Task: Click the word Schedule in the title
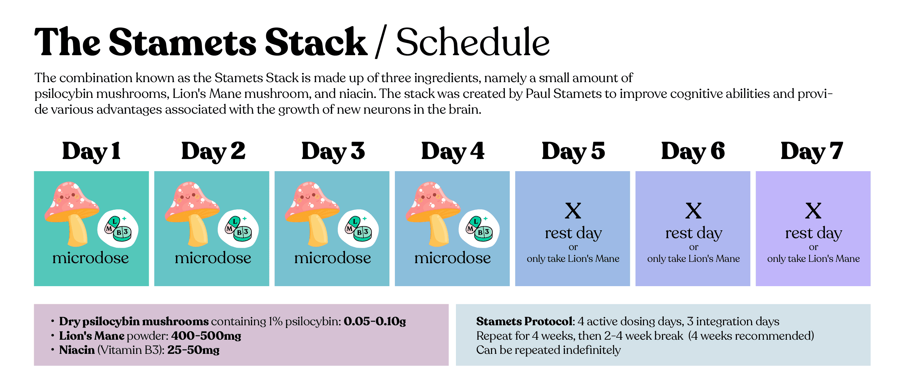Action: click(x=473, y=42)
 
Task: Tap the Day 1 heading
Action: click(x=91, y=151)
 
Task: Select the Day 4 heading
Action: click(x=452, y=151)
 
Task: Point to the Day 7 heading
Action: click(x=811, y=151)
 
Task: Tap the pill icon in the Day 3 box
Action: click(x=358, y=228)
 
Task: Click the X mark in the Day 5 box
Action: click(x=573, y=211)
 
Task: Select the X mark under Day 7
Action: click(x=813, y=211)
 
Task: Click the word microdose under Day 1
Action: click(x=91, y=258)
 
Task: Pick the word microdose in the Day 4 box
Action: click(x=452, y=258)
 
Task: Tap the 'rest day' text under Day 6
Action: click(x=694, y=233)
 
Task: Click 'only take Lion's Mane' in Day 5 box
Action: click(x=573, y=259)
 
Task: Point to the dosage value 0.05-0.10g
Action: click(x=375, y=321)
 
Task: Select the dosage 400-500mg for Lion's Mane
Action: click(x=206, y=336)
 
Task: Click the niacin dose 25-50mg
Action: click(x=193, y=350)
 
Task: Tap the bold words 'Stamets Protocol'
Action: click(x=525, y=321)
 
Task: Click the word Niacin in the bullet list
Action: click(x=77, y=350)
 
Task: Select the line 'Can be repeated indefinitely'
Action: click(x=548, y=350)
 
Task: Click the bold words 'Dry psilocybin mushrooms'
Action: click(x=134, y=321)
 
